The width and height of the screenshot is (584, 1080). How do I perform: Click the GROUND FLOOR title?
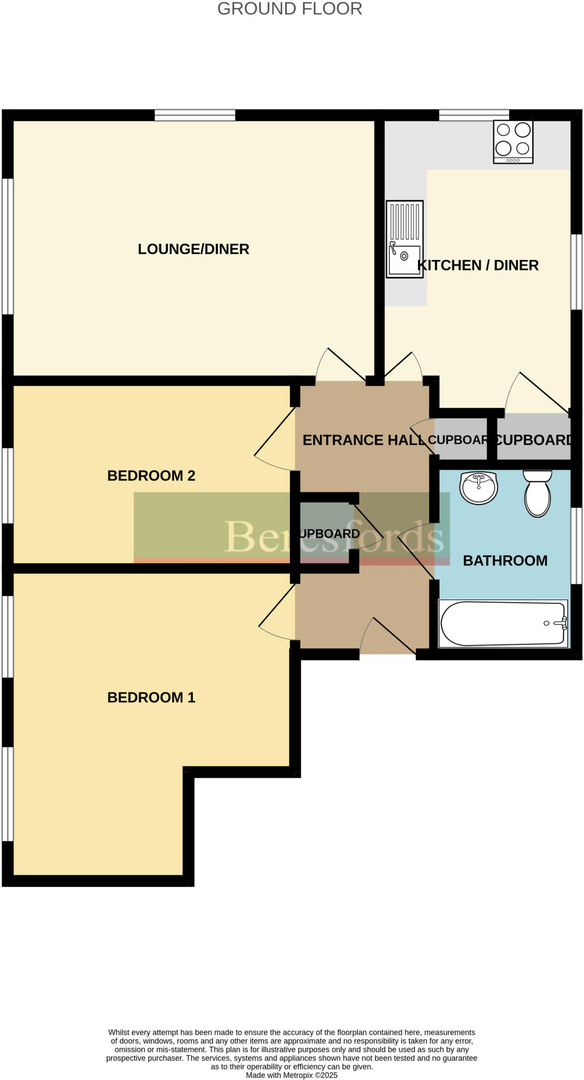point(289,9)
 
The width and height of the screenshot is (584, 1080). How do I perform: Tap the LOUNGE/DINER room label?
point(193,249)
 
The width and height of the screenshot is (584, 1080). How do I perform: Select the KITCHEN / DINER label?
point(478,265)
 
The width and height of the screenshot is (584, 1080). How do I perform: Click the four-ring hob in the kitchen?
point(513,141)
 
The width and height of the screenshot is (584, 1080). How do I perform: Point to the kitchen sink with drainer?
point(404,239)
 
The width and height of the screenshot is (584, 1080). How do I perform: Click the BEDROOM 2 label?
point(151,476)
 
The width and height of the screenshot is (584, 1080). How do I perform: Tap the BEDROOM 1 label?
point(151,698)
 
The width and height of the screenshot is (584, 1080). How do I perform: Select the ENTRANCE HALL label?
point(364,440)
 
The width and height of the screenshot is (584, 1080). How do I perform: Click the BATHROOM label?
point(505,561)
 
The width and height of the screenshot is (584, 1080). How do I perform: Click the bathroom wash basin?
point(479,488)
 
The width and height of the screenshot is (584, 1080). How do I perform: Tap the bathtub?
point(502,624)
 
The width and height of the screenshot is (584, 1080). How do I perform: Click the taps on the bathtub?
point(562,623)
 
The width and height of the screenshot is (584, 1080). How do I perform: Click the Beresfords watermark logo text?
point(333,537)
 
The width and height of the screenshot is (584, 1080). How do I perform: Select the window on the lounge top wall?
point(194,115)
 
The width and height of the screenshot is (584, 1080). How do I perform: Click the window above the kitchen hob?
point(474,115)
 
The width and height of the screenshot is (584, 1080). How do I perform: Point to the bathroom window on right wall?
point(577,546)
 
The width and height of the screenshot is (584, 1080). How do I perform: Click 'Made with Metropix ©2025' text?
point(291,1075)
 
